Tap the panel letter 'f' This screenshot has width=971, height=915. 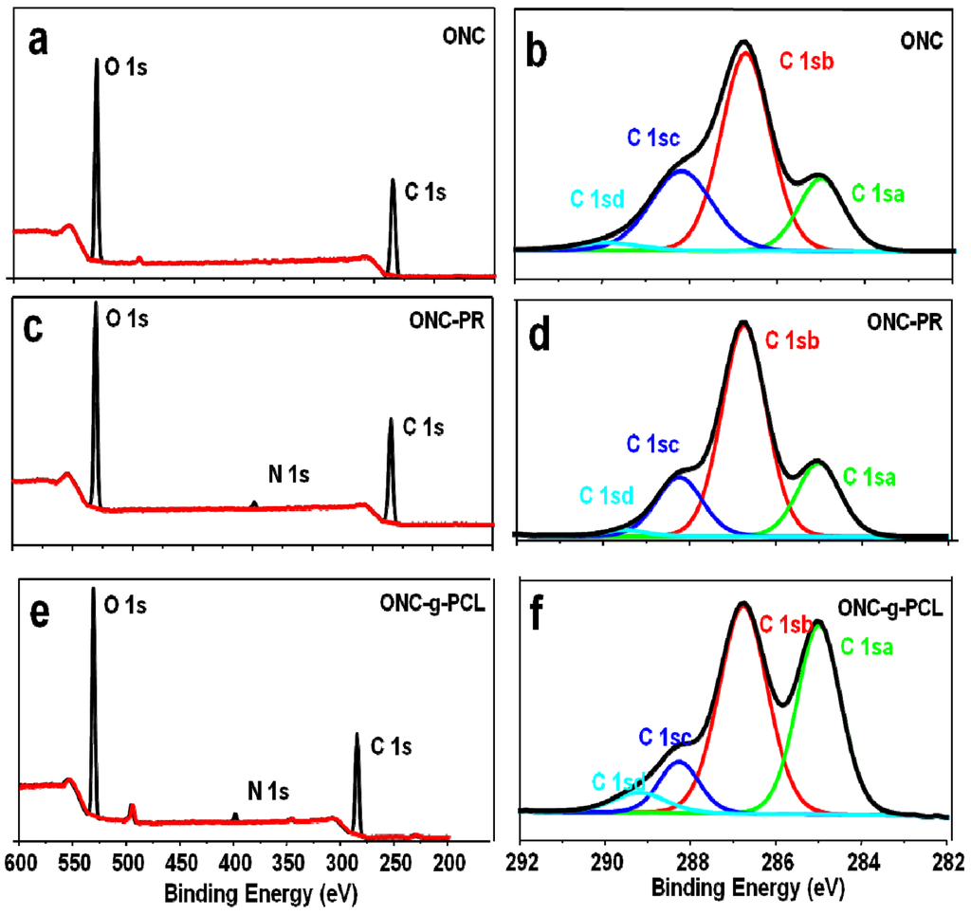(x=539, y=615)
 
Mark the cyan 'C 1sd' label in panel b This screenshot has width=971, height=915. (x=596, y=199)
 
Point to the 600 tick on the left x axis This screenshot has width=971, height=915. (x=20, y=863)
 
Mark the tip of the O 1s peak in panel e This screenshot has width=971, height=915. (x=93, y=588)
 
